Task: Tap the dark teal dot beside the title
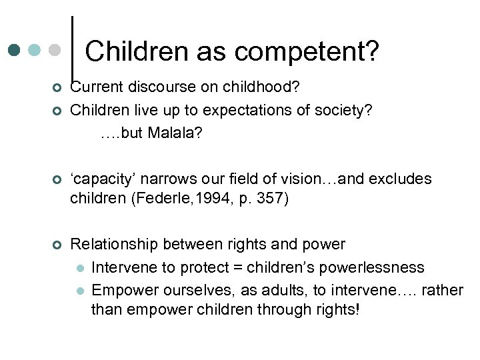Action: pyautogui.click(x=15, y=50)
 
